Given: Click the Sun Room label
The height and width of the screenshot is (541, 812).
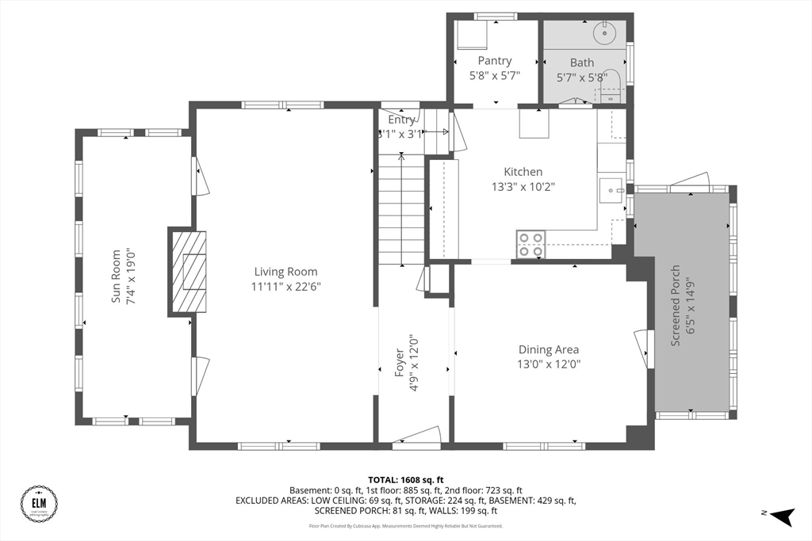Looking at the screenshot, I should [116, 276].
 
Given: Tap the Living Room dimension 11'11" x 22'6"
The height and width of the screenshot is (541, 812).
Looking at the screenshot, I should [285, 287].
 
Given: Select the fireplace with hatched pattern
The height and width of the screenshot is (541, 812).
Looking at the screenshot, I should [188, 273].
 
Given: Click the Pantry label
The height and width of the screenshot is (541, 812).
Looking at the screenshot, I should [495, 61].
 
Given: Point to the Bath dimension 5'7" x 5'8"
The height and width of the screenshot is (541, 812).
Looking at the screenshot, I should [582, 78].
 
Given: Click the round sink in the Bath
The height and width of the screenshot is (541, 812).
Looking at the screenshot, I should [606, 32].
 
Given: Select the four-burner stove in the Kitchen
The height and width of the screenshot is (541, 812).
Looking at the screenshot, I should [530, 244].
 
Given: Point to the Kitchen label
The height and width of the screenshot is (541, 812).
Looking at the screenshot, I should [523, 172].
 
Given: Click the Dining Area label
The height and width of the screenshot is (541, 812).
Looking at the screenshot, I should [549, 349].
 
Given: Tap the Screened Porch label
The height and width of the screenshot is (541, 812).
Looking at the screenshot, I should [676, 306].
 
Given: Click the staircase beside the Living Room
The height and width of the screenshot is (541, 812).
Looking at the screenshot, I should [401, 210].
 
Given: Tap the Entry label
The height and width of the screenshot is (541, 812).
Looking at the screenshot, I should [401, 120].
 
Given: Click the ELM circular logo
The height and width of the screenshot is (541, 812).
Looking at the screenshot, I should [39, 504].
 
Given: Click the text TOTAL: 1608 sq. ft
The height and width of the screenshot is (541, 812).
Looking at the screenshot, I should [405, 480].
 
